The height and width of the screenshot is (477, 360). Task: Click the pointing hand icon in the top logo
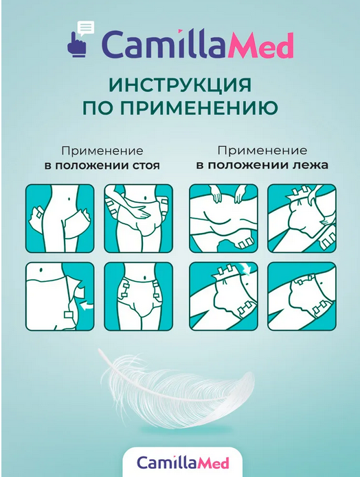click(77, 47)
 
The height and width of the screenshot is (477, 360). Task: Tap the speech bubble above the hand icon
click(85, 28)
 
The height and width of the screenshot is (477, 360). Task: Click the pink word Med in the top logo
click(260, 46)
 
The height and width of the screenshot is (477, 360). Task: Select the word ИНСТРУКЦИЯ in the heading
click(180, 85)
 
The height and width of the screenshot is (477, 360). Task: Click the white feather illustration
click(177, 389)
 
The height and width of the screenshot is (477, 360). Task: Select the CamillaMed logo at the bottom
click(183, 463)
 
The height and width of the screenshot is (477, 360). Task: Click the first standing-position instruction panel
click(60, 218)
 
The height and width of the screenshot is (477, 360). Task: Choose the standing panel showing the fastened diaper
click(138, 297)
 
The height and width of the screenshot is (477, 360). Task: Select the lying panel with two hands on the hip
click(223, 218)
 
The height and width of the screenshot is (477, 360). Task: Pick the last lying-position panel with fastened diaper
click(302, 297)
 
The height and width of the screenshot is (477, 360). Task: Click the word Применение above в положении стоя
click(102, 151)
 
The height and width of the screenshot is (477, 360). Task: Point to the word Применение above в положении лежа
click(262, 151)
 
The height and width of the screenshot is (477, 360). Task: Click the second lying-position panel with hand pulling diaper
click(302, 218)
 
